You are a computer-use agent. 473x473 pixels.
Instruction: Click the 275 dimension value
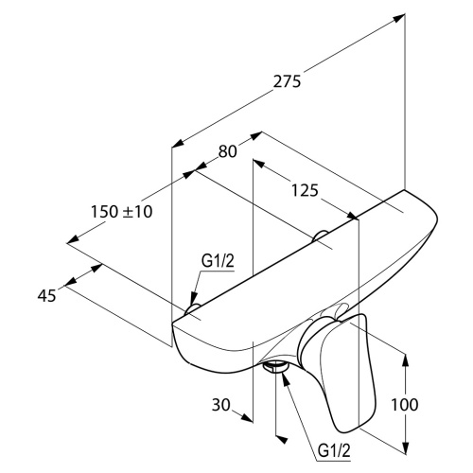287,81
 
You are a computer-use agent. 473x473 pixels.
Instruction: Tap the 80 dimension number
227,151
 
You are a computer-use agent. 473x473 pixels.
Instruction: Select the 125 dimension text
305,190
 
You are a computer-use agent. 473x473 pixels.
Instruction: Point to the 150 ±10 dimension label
122,211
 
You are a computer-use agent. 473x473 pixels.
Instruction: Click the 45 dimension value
47,296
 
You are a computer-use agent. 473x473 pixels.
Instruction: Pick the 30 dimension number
221,405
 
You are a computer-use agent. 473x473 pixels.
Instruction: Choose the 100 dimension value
405,405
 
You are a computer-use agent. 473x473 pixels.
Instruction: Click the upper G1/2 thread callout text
218,261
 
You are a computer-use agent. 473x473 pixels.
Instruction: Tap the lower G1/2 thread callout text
334,450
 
